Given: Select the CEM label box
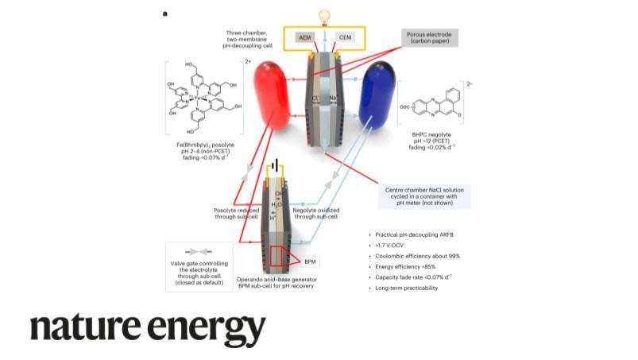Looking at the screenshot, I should [x=345, y=37].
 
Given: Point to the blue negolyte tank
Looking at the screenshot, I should [x=377, y=94].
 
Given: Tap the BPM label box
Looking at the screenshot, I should [x=310, y=261].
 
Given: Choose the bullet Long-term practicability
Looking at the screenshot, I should [x=406, y=288].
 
